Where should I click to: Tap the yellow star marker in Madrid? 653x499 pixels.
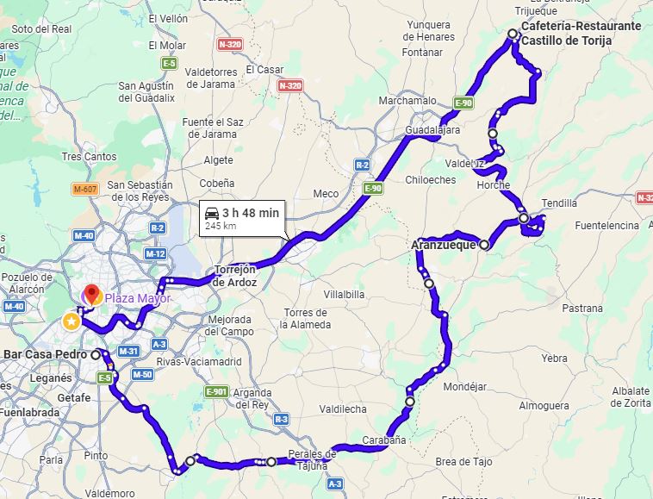[x=71, y=321]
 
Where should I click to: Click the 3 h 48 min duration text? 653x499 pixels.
[x=251, y=212]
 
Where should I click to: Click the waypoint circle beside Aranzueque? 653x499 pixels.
[x=484, y=245]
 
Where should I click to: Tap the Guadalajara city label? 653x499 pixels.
[x=432, y=130]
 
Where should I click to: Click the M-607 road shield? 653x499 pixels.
[x=84, y=189]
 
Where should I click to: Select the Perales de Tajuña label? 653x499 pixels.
[x=310, y=459]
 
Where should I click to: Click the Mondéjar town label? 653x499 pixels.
[x=464, y=386]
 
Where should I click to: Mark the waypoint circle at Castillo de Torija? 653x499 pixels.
[x=513, y=34]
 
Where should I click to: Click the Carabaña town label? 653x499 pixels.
[x=384, y=440]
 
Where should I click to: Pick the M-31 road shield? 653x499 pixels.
[x=127, y=351]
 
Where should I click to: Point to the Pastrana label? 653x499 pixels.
[x=582, y=308]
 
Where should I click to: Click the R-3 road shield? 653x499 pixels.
[x=281, y=419]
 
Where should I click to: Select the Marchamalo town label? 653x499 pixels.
[x=407, y=101]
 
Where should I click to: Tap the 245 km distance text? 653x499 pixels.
[x=221, y=227]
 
